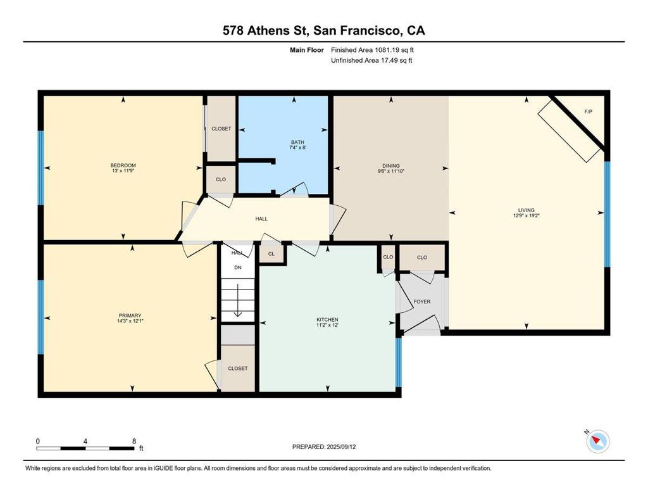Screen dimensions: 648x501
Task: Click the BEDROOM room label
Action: (x=123, y=165)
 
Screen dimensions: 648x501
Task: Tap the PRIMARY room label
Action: (x=130, y=315)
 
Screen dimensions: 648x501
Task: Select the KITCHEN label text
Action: (x=327, y=320)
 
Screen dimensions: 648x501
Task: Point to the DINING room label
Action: (x=391, y=166)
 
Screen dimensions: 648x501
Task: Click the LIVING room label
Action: (x=526, y=210)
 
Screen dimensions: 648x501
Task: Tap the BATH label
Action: (x=297, y=143)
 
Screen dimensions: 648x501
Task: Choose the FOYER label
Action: (x=422, y=301)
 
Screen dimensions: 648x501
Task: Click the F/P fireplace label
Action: (x=588, y=111)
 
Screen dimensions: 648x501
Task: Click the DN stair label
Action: (x=238, y=268)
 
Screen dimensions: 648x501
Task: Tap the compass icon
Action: (x=597, y=441)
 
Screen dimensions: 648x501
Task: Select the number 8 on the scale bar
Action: (x=134, y=441)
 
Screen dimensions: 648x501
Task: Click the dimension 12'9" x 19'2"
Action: (x=526, y=215)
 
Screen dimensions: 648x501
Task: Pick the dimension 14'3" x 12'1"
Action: (x=130, y=320)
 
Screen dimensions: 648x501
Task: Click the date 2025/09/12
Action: (x=341, y=447)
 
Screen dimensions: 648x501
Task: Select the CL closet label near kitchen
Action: (x=271, y=254)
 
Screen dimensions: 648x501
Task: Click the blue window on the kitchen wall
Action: (x=399, y=362)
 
